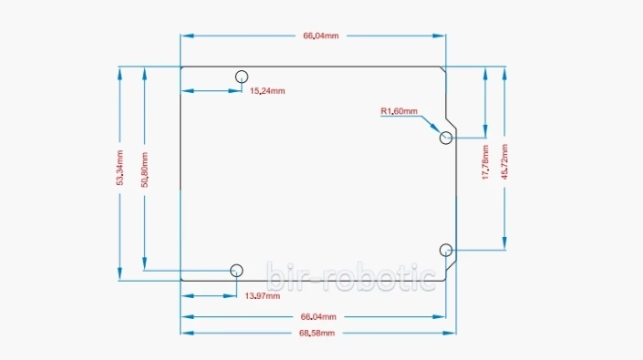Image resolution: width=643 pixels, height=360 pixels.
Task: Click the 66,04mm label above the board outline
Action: pos(321,36)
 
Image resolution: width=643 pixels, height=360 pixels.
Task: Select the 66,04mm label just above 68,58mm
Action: pos(318,316)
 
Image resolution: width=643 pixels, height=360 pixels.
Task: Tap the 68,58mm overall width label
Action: pos(318,333)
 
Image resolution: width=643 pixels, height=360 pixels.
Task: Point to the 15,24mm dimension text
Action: pos(267,90)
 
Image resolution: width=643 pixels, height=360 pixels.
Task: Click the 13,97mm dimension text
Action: pos(261,296)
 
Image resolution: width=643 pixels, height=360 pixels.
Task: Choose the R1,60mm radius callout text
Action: pos(399,111)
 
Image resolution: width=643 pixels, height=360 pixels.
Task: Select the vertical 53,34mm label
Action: pos(119,169)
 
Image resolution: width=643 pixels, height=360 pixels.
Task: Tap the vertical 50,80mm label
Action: pos(144,169)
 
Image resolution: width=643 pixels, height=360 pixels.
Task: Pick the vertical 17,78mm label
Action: pos(485,161)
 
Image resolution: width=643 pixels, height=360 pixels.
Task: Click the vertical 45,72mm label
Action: pos(505,161)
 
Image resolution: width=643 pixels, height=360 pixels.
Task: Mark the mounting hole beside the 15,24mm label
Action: pos(243,76)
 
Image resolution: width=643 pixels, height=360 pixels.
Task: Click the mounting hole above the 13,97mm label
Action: pos(237,270)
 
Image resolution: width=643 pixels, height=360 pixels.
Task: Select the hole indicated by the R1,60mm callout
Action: pos(446,138)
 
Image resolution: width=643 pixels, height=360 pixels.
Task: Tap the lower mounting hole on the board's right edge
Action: pos(446,250)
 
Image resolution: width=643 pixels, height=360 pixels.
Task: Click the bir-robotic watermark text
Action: pos(350,276)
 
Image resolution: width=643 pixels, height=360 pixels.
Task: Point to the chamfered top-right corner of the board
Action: pos(442,69)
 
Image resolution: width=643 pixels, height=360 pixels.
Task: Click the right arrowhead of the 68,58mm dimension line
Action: pos(453,333)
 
